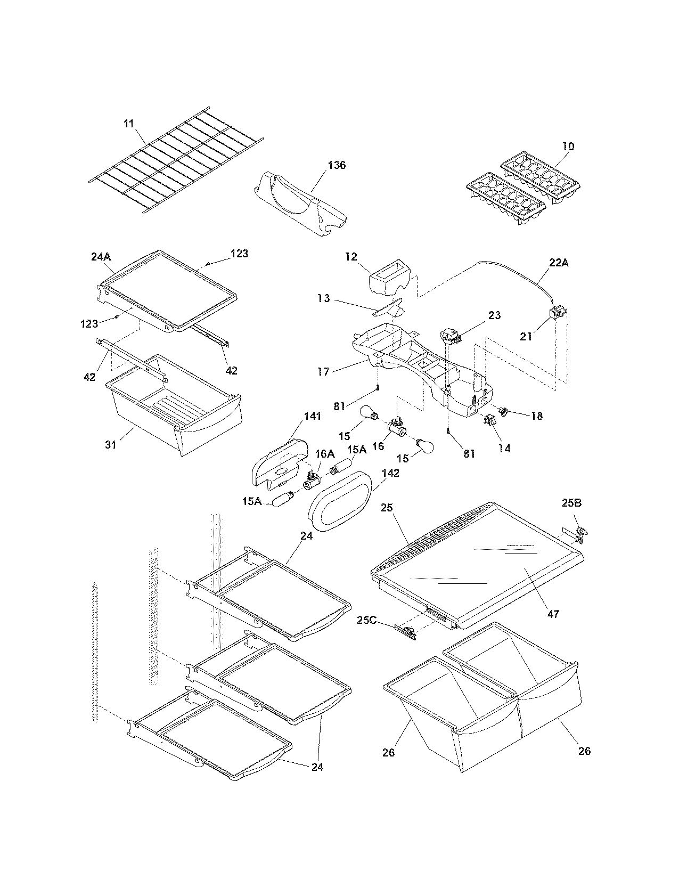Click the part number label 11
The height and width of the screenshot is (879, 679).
coord(128,124)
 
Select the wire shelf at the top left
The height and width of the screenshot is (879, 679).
coord(176,162)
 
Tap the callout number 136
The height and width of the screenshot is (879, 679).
coord(337,165)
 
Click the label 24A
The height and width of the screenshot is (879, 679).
coord(100,257)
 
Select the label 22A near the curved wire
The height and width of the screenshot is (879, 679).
coord(558,263)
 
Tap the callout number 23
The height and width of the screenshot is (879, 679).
coord(494,315)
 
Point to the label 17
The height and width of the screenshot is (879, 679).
coord(323,371)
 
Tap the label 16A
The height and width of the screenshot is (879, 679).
coord(325,453)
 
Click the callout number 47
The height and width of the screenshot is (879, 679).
coord(553,614)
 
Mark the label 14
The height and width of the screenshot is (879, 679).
coord(504,449)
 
